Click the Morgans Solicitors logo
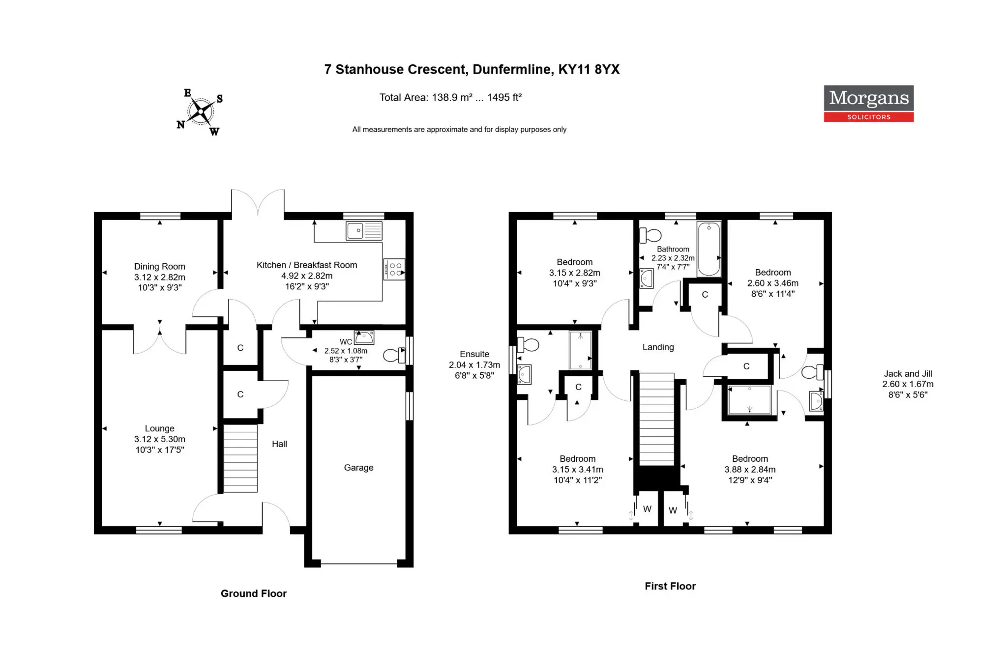(x=868, y=104)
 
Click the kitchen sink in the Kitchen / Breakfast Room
(x=364, y=230)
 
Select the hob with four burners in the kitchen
(x=394, y=269)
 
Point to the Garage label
(x=358, y=468)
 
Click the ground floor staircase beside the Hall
(x=240, y=458)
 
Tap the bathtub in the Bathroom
(x=709, y=249)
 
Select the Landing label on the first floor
(x=658, y=347)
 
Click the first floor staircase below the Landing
(x=656, y=419)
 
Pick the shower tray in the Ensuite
(x=581, y=351)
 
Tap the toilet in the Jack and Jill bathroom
(x=812, y=372)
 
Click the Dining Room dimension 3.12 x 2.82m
(x=160, y=277)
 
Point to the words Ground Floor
(x=254, y=593)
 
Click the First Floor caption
(x=670, y=586)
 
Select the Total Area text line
(x=450, y=98)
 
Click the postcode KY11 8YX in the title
(x=589, y=69)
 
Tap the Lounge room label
(x=159, y=428)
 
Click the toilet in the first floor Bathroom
(x=650, y=235)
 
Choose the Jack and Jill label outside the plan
(x=908, y=374)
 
